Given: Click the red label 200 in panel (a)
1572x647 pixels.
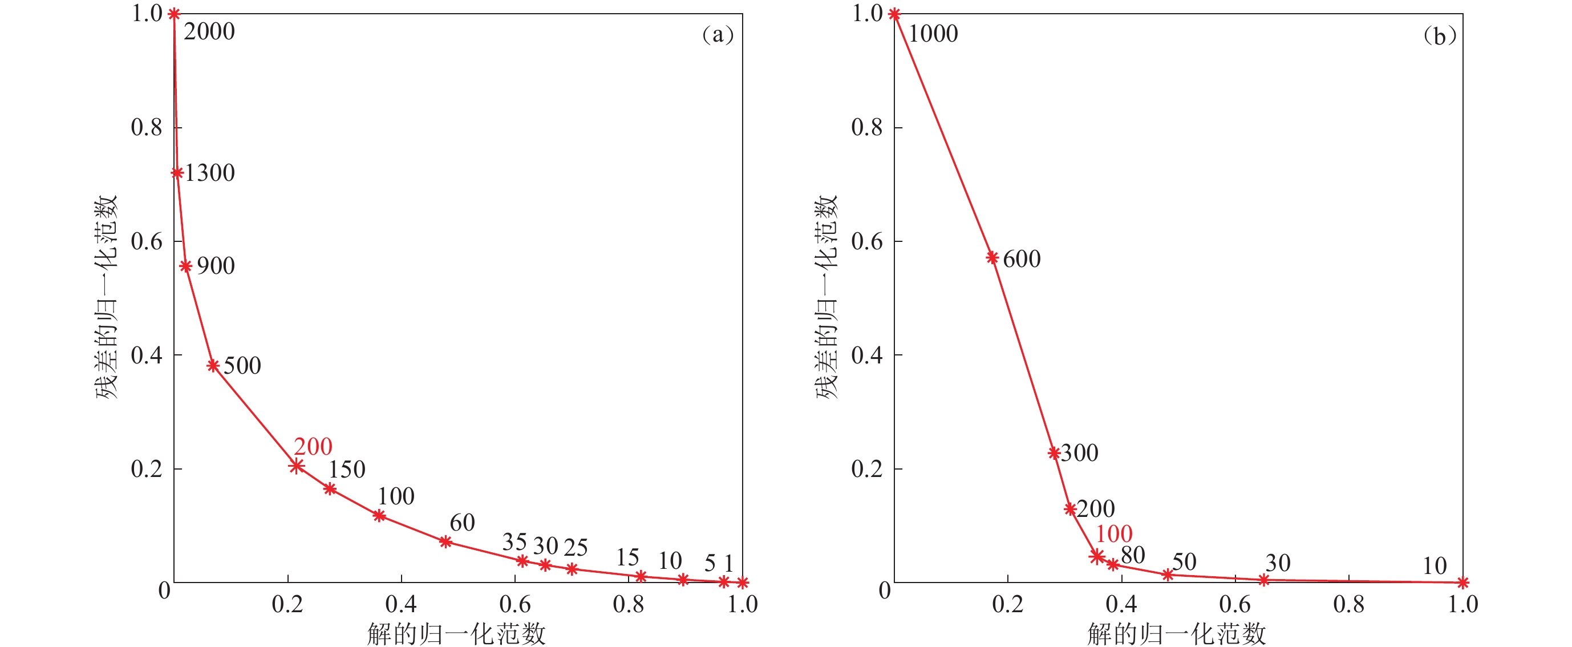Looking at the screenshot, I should coord(313,447).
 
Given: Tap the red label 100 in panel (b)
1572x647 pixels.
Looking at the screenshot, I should coord(1114,534).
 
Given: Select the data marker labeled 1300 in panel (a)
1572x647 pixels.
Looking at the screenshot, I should coord(177,173).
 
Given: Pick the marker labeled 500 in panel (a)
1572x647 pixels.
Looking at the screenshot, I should coord(213,366).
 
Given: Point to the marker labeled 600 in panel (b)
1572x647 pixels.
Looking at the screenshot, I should coord(992,257).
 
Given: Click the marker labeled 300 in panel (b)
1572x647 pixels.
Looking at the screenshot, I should coord(1054,453).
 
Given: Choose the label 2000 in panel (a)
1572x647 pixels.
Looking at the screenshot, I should coord(209,32).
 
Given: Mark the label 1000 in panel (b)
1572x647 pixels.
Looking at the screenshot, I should coord(933,34).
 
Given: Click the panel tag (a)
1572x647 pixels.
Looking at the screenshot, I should coord(718,35).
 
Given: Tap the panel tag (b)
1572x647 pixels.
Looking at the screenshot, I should coord(1440,36).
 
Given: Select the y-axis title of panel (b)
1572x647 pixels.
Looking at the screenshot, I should coord(827,297).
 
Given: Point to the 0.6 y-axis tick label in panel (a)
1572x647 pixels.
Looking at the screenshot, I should coord(147,242).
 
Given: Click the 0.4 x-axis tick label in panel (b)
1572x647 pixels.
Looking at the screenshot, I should coord(1121,604).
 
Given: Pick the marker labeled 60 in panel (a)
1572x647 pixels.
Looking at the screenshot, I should coord(445,541).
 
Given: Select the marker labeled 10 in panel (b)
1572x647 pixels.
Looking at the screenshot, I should coord(1462,583).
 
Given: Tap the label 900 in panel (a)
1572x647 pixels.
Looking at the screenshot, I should coord(216,266).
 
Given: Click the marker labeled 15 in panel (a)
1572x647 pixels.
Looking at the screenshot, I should coord(641,576).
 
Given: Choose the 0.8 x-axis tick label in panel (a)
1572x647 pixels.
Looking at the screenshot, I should coord(629,604).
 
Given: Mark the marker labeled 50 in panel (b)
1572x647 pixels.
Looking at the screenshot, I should coord(1168,575).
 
